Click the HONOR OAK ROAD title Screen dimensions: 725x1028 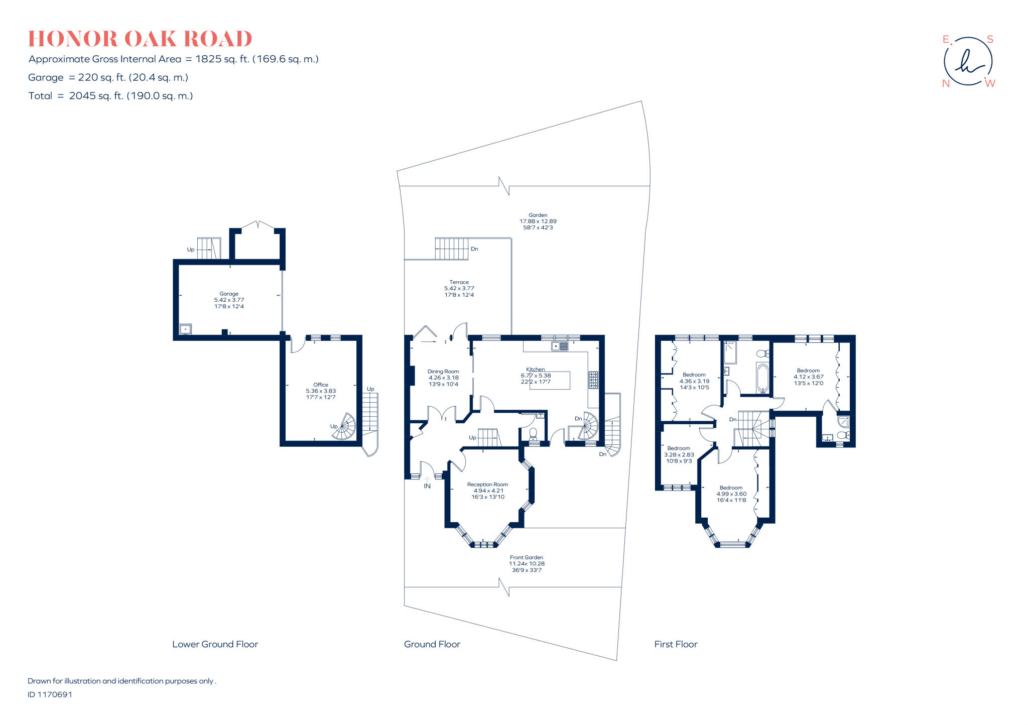coord(140,39)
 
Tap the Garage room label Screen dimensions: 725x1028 coord(229,294)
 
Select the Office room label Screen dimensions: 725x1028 coord(321,385)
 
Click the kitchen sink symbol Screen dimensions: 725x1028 coord(559,346)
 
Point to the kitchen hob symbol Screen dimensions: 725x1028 coord(593,380)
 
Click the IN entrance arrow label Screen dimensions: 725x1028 coord(427,486)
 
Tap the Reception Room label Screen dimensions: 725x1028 coord(487,485)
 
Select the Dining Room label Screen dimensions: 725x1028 coord(443,372)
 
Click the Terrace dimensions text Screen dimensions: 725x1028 coord(459,292)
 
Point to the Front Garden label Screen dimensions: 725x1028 coord(526,557)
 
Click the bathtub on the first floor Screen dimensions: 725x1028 coord(762,378)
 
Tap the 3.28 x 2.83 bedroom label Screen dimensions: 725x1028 coord(679,454)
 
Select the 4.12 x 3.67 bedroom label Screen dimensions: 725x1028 coord(808,377)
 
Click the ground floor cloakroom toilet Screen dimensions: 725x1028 coord(533,434)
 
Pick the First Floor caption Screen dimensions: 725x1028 coord(676,644)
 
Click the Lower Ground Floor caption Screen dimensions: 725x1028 coord(215,644)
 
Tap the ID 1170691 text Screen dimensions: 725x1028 coord(50,694)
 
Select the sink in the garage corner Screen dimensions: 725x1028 coord(186,329)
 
